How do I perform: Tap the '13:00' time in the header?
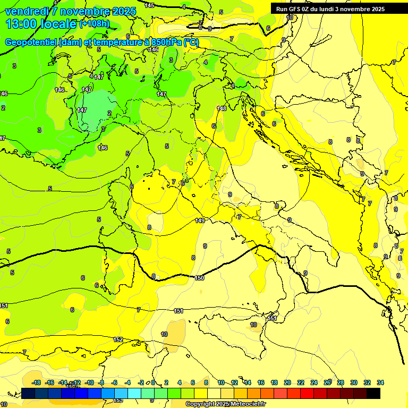(x=21, y=24)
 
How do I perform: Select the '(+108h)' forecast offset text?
(x=95, y=24)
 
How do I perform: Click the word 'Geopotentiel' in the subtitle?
(x=31, y=42)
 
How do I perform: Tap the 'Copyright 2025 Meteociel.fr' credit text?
(x=225, y=404)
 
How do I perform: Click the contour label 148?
(x=222, y=108)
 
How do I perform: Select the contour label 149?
(x=200, y=220)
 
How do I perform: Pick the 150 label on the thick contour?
(x=199, y=278)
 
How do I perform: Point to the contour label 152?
(x=118, y=339)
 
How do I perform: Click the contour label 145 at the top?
(x=149, y=5)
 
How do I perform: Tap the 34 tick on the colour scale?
(x=380, y=382)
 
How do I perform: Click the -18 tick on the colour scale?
(x=36, y=382)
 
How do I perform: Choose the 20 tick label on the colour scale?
(x=287, y=382)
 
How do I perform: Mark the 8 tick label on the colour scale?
(x=206, y=382)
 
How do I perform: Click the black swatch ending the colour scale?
(x=373, y=393)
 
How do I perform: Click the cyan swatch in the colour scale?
(x=134, y=393)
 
